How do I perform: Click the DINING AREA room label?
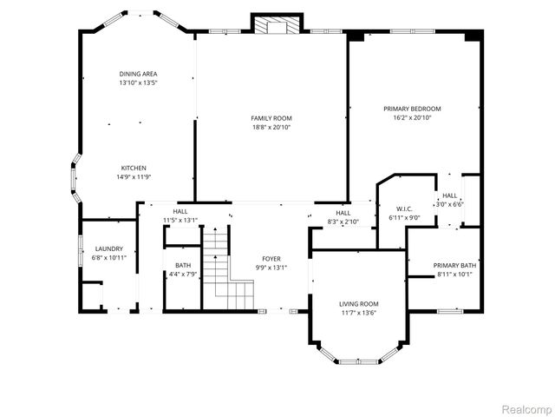pyautogui.click(x=139, y=74)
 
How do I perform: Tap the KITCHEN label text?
pyautogui.click(x=134, y=168)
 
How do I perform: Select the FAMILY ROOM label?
pyautogui.click(x=271, y=118)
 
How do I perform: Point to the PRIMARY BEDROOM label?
pyautogui.click(x=412, y=109)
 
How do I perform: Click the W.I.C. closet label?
pyautogui.click(x=404, y=208)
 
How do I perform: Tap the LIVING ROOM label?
pyautogui.click(x=358, y=304)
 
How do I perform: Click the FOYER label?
pyautogui.click(x=271, y=259)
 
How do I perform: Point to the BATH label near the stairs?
pyautogui.click(x=183, y=266)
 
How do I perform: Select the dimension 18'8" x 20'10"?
pyautogui.click(x=271, y=128)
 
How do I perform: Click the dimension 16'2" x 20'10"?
pyautogui.click(x=412, y=118)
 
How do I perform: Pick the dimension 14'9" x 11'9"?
pyautogui.click(x=134, y=177)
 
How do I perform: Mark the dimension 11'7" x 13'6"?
pyautogui.click(x=358, y=314)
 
